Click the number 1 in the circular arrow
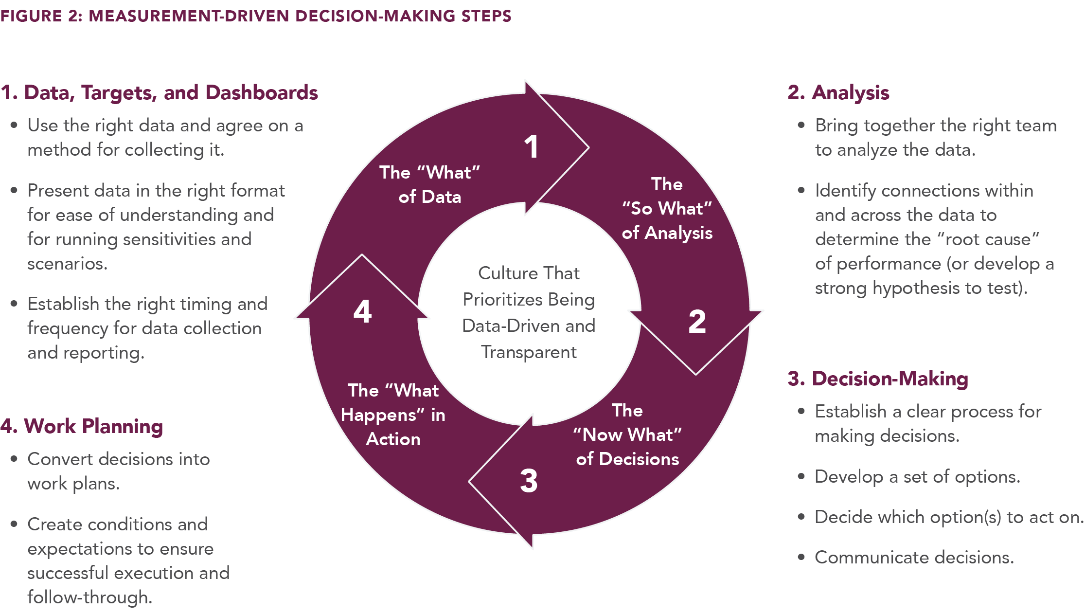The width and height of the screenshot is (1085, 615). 532,147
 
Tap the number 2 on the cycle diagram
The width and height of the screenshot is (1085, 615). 697,322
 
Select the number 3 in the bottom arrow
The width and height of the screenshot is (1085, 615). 529,481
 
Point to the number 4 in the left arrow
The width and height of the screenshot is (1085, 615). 363,312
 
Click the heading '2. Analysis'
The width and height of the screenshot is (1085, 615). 838,92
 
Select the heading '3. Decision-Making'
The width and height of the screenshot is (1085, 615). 877,379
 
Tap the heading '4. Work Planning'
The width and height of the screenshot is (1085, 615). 81,426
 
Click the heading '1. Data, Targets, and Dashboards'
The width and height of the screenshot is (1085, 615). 159,92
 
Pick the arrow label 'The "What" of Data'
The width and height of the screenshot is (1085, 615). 429,184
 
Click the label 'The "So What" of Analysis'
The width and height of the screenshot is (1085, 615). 667,208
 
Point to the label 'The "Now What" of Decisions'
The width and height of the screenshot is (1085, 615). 627,434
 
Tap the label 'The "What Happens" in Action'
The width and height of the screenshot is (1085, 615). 393,415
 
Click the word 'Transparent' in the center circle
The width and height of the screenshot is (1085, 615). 529,352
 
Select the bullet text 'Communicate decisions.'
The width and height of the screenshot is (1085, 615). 914,557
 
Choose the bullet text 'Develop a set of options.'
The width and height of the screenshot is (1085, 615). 917,476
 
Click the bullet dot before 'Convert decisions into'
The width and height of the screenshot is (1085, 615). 14,459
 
